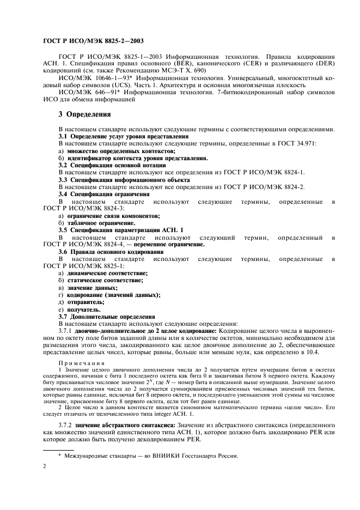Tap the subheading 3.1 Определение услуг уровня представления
coord(123,136)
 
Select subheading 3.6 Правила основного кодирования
coord(111,252)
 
